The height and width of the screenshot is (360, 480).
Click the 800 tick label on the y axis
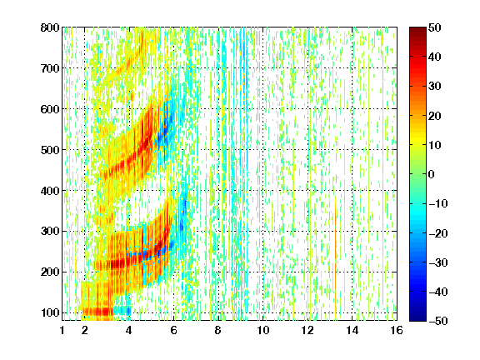pos(50,27)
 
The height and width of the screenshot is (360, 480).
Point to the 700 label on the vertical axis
pos(50,68)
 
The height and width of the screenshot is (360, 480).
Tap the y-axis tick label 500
pos(50,150)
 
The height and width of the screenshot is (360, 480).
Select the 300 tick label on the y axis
pos(50,232)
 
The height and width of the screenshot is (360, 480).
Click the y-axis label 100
pos(50,312)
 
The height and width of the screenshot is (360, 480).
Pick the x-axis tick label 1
pos(62,330)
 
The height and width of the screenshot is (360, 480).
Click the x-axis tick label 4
pos(129,330)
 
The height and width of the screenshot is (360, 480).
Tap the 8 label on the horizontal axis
pos(218,330)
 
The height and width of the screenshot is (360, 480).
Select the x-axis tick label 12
pos(307,330)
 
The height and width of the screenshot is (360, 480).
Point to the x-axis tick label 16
pos(397,330)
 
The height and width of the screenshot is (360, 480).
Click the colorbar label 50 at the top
pos(434,27)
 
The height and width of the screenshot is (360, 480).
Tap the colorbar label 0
pos(432,174)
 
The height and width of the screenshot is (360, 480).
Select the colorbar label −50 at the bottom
pos(438,321)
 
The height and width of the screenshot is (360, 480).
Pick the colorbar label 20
pos(434,116)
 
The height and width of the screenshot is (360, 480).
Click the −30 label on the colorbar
pos(438,262)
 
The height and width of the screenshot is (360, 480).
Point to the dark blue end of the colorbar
pos(417,318)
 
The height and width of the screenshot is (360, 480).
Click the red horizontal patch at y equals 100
pos(97,312)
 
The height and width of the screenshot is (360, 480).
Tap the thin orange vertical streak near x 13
pos(336,245)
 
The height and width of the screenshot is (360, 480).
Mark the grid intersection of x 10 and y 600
pos(263,109)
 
